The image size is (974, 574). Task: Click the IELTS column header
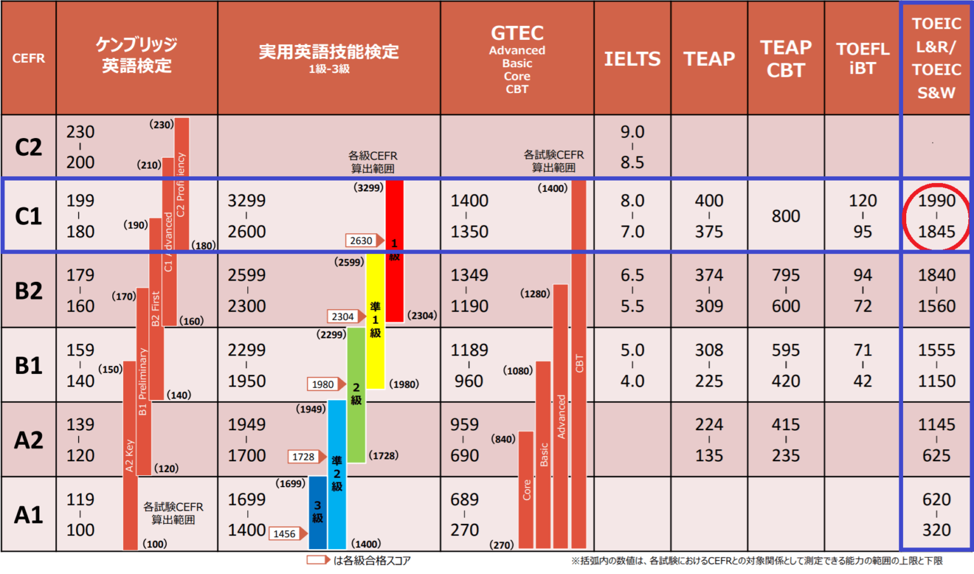[x=632, y=58]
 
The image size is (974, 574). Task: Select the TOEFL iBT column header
[x=862, y=58]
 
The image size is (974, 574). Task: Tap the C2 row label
[x=29, y=147]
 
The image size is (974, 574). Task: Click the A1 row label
[x=29, y=514]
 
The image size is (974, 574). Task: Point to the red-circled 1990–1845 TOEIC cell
[x=936, y=216]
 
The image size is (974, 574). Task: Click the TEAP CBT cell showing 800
[x=786, y=216]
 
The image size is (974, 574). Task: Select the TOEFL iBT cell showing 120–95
[x=862, y=216]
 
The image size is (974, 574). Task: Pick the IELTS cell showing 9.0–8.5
[x=632, y=147]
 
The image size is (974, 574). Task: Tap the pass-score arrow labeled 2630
[x=365, y=241]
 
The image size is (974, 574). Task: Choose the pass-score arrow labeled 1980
[x=327, y=384]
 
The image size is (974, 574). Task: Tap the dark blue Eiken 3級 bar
[x=317, y=512]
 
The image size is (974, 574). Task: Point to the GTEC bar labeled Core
[x=526, y=489]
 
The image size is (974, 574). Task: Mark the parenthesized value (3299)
[x=368, y=188]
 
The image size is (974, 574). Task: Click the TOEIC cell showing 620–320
[x=936, y=514]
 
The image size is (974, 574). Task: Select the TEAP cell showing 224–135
[x=709, y=440]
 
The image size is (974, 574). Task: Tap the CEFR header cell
[x=29, y=58]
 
